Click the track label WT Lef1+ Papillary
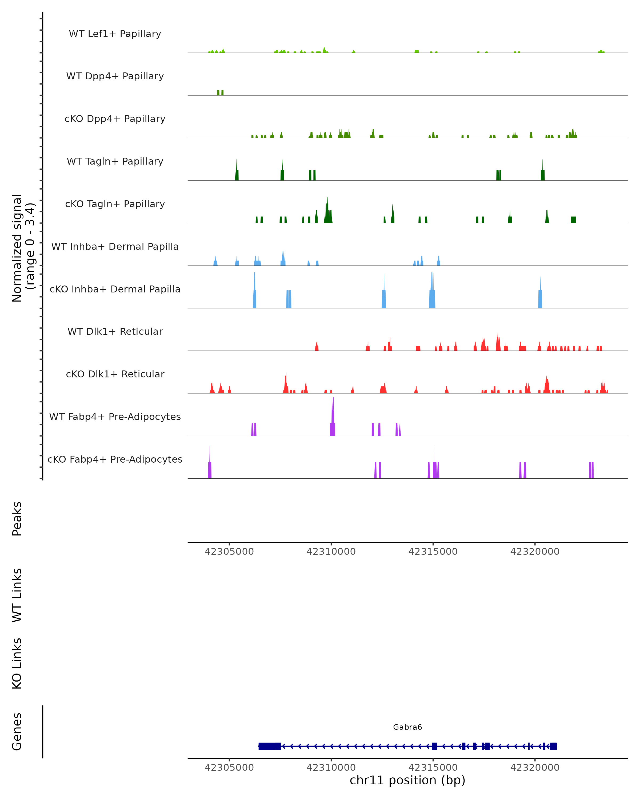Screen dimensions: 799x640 [x=115, y=34]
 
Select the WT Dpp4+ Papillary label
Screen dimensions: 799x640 [x=115, y=76]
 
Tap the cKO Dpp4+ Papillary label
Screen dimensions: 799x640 [x=115, y=119]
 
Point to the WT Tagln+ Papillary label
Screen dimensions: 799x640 [x=115, y=162]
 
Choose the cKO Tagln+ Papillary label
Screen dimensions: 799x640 [x=115, y=204]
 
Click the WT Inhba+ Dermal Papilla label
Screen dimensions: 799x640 [x=115, y=247]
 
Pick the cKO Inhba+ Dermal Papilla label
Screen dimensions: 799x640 [x=115, y=290]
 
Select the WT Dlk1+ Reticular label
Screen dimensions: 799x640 [x=115, y=332]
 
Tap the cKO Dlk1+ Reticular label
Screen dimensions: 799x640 [x=115, y=374]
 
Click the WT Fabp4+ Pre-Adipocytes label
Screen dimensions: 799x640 [x=115, y=417]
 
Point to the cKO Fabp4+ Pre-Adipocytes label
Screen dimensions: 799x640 [x=115, y=459]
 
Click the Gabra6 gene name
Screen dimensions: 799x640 [x=407, y=727]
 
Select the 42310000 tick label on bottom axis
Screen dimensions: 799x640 [x=331, y=768]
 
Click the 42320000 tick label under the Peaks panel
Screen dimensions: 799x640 [x=535, y=552]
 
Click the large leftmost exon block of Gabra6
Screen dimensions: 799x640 [x=270, y=746]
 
